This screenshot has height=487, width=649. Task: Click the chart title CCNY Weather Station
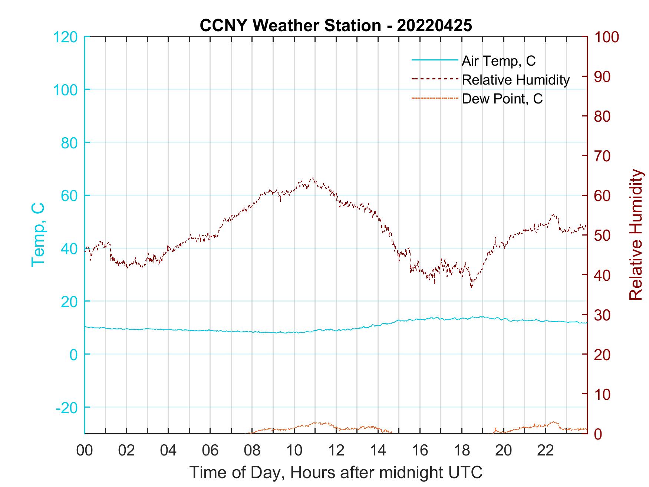point(336,26)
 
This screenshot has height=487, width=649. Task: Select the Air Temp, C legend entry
point(498,61)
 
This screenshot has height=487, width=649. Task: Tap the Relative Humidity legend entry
point(515,80)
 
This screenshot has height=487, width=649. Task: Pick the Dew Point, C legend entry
point(502,99)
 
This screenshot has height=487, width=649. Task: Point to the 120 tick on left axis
point(66,37)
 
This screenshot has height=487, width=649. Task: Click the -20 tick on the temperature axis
point(67,408)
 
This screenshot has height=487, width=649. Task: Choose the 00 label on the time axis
point(85,450)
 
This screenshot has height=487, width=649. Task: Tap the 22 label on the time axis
point(546,450)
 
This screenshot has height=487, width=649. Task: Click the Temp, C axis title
point(38,234)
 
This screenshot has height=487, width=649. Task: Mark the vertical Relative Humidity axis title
point(636,234)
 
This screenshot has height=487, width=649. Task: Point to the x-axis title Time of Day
point(336,473)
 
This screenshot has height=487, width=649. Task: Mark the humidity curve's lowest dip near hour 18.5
point(471,287)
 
